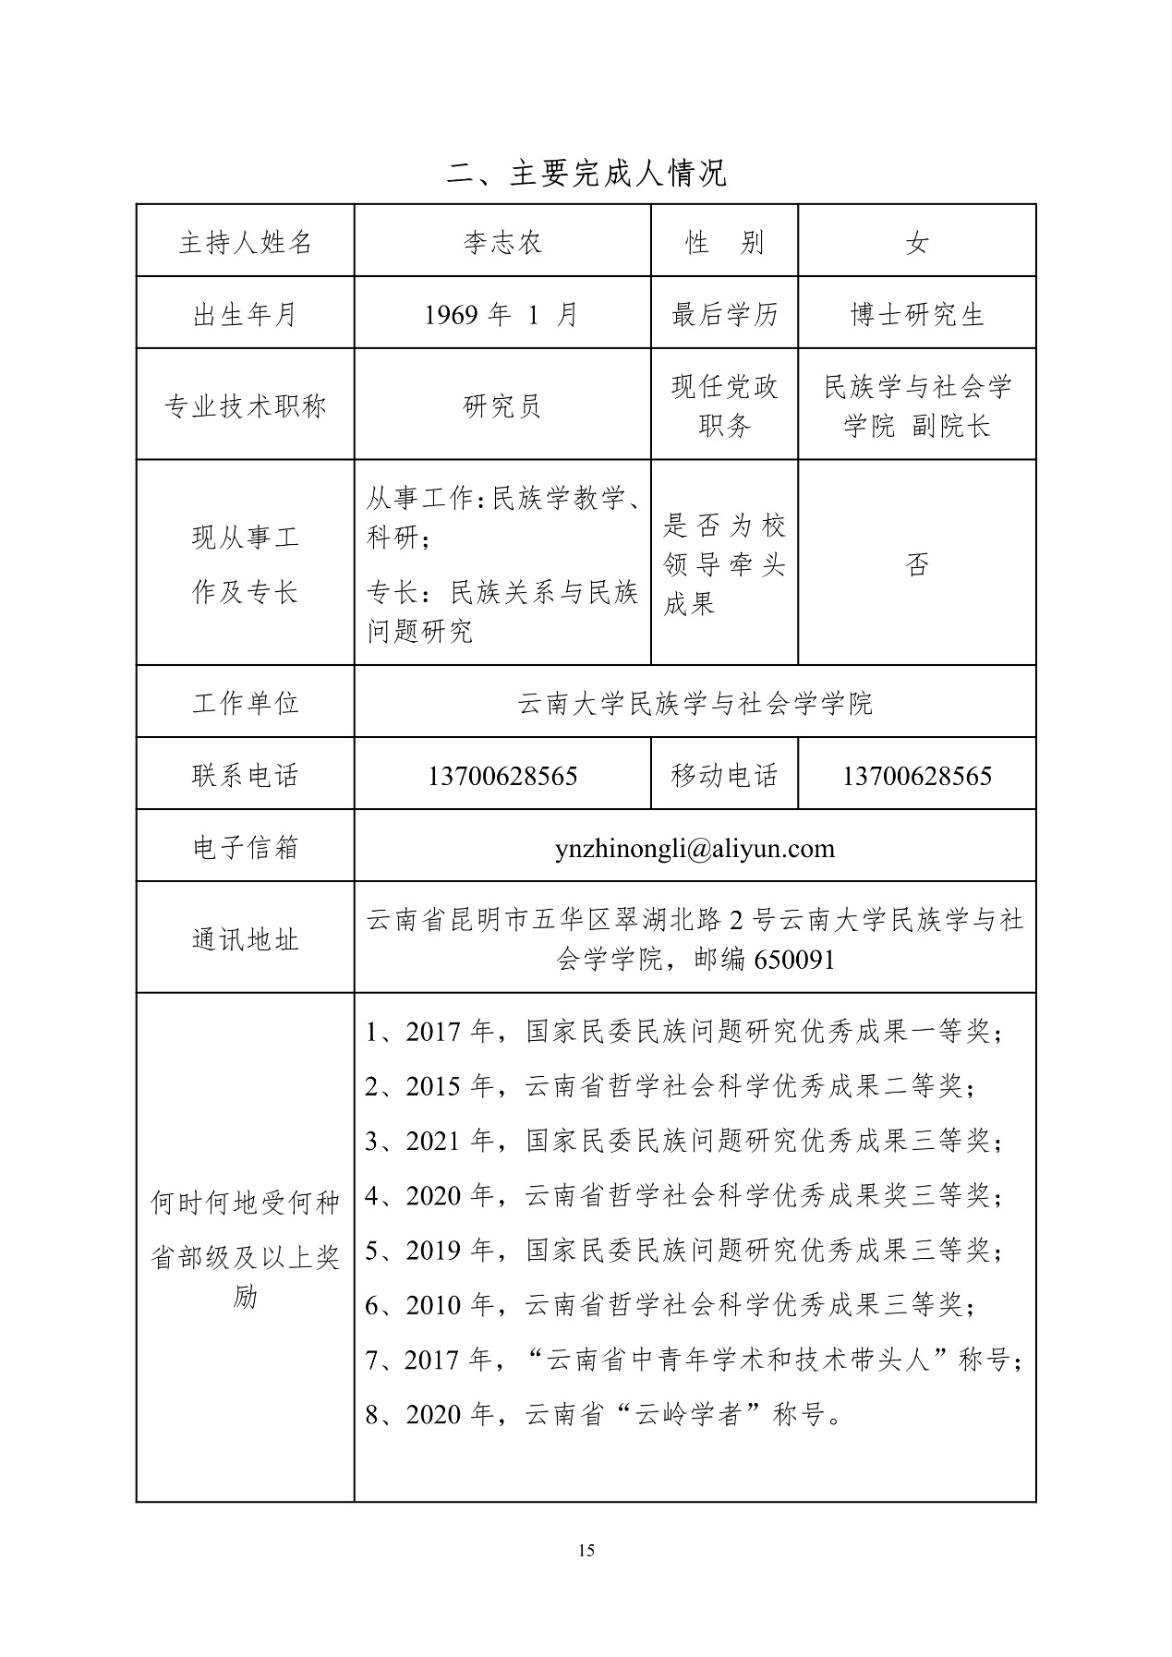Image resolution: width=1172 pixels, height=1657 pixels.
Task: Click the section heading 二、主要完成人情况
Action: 586,173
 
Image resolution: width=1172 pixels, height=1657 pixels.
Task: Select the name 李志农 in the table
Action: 501,243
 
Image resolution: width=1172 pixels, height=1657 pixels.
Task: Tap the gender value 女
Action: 916,243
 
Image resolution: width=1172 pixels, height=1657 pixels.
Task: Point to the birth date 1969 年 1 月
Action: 501,315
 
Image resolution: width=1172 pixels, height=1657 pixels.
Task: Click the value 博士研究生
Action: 916,315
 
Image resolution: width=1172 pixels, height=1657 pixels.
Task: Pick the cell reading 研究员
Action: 501,405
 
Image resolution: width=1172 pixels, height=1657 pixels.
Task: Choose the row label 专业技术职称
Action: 245,405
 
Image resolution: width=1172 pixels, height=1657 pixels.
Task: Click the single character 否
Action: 916,564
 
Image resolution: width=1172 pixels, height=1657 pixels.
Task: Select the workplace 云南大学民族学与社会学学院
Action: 695,704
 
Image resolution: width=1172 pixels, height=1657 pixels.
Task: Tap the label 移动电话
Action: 724,775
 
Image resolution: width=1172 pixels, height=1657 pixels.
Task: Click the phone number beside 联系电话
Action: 501,776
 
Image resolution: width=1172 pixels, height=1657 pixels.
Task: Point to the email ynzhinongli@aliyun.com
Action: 695,848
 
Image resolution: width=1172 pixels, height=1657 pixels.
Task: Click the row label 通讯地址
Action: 245,939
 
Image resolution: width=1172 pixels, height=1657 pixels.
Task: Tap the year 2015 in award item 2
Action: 433,1086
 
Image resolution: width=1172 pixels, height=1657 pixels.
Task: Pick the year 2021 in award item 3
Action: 433,1141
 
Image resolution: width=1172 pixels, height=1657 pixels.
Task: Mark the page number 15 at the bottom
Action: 586,1550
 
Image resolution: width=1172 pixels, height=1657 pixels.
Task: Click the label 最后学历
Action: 724,315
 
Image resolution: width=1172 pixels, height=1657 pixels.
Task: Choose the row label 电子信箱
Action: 245,848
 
